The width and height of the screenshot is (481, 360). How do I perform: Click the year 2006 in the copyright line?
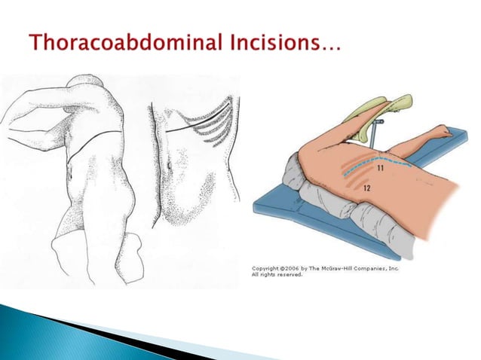point(294,268)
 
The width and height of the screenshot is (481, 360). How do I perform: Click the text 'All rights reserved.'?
point(277,275)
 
